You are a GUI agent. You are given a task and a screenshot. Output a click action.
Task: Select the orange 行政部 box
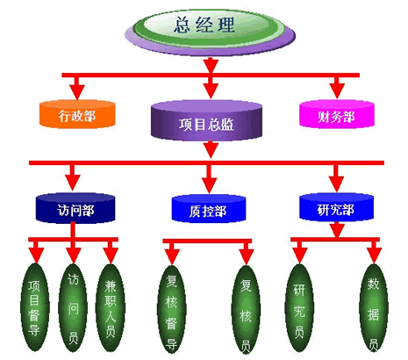click(x=77, y=114)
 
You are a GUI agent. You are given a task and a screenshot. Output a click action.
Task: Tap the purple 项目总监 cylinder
click(x=206, y=120)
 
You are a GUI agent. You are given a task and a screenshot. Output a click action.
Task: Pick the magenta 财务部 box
click(x=337, y=114)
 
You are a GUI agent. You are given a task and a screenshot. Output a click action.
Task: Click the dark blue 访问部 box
click(x=75, y=208)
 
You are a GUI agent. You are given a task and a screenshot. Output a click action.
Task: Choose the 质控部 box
click(x=209, y=209)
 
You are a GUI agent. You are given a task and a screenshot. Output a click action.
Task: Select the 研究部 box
click(x=336, y=207)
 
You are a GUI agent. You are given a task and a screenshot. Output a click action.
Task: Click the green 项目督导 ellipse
click(x=35, y=307)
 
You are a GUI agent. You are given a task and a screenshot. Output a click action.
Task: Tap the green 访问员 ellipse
click(x=73, y=308)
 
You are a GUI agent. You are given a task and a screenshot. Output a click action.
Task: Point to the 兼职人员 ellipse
click(x=111, y=308)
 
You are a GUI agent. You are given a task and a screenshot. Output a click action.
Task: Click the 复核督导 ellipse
click(x=171, y=309)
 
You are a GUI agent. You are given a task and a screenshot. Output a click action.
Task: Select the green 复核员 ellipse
click(x=246, y=309)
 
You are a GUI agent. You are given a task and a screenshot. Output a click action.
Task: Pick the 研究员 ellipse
click(x=299, y=307)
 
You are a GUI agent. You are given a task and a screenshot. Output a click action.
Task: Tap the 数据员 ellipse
click(x=374, y=307)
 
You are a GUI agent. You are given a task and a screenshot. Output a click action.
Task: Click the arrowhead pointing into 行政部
click(x=77, y=92)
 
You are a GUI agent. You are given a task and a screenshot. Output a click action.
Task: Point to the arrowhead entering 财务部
click(x=337, y=91)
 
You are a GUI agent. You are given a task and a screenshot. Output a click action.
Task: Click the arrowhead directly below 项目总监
click(x=211, y=149)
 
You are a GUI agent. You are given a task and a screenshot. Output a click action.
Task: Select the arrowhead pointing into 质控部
click(x=209, y=185)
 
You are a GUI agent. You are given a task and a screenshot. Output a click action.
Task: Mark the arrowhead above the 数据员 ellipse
click(x=374, y=256)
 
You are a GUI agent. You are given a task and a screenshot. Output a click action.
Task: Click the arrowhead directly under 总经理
click(x=211, y=66)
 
